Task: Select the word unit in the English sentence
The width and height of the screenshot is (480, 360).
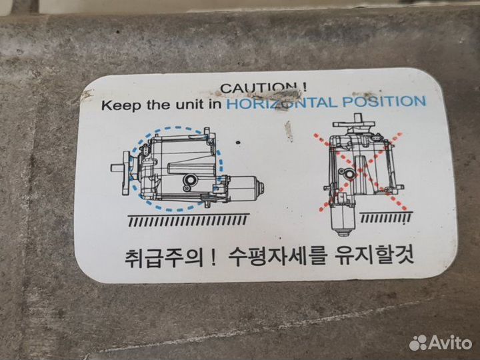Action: click(x=189, y=104)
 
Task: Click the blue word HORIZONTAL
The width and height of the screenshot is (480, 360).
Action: click(x=282, y=103)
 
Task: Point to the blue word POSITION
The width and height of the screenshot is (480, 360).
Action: click(x=384, y=101)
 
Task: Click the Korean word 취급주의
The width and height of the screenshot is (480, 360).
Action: click(x=164, y=258)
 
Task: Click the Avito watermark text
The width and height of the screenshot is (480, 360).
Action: click(x=450, y=343)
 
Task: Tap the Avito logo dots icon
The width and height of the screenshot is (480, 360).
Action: click(x=418, y=343)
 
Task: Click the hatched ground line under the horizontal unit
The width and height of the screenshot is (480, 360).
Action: click(x=187, y=220)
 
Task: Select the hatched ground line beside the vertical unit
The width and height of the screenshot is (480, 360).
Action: click(x=385, y=217)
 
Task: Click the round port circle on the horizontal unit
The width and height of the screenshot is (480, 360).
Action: click(x=191, y=181)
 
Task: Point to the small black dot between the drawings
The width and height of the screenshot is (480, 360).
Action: click(x=238, y=143)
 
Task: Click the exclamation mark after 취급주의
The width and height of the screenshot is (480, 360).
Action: click(x=214, y=258)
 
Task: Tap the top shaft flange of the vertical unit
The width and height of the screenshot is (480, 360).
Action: click(x=354, y=123)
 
